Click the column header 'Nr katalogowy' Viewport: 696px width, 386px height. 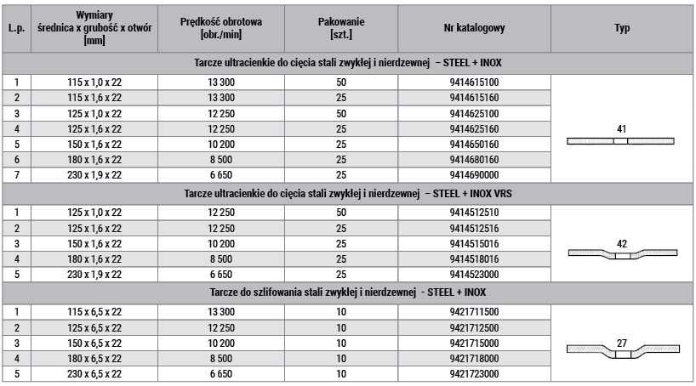(474, 28)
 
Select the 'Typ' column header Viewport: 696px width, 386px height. (621, 28)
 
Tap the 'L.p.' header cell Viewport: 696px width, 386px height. (15, 28)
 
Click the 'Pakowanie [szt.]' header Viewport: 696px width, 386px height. (340, 28)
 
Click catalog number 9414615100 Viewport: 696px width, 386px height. (474, 82)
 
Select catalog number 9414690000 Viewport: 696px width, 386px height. (474, 174)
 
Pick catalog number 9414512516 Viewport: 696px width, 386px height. (474, 228)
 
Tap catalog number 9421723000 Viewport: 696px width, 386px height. (474, 373)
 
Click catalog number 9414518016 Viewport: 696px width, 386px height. (474, 258)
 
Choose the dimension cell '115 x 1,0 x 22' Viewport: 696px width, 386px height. (94, 82)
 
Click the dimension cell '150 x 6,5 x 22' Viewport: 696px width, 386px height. (94, 343)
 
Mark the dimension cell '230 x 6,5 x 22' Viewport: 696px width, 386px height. (94, 373)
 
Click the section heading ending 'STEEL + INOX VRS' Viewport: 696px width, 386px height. (348, 193)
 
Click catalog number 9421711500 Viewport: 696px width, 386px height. (474, 312)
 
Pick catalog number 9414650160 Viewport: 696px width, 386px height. (474, 144)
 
